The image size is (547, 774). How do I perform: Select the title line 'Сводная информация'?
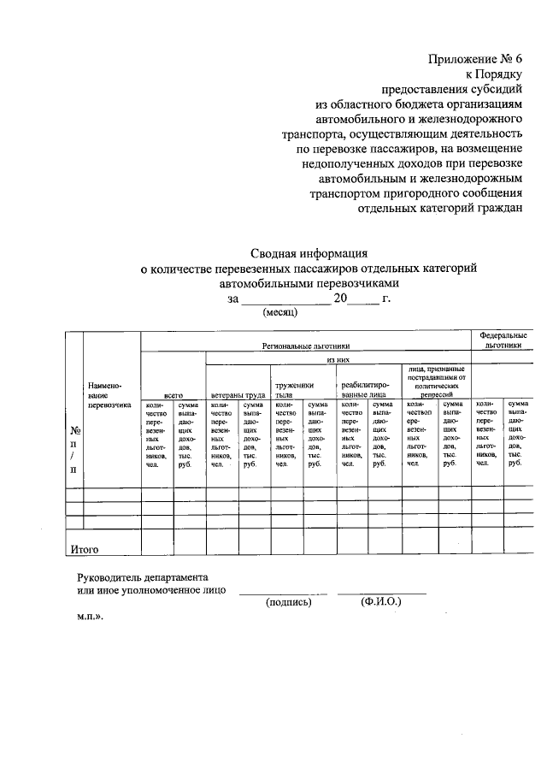click(x=309, y=253)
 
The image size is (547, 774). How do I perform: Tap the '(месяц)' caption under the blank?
click(x=277, y=313)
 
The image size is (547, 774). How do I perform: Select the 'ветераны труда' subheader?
click(x=236, y=396)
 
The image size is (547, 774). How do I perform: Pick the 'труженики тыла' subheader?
click(x=289, y=391)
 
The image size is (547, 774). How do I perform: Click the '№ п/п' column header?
click(x=74, y=450)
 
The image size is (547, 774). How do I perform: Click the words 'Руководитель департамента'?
click(x=141, y=577)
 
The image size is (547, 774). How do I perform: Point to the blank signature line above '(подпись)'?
click(x=283, y=593)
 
